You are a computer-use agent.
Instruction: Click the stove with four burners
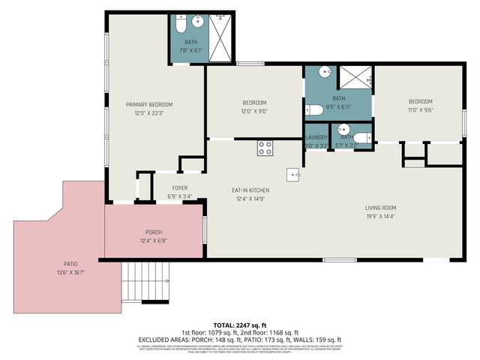point(265,148)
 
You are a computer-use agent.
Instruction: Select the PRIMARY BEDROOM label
point(149,104)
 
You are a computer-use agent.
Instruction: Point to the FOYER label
point(180,187)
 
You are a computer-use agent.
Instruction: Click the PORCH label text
point(154,232)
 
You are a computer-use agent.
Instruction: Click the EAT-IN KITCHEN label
point(250,190)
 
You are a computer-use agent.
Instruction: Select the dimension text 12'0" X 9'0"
point(255,111)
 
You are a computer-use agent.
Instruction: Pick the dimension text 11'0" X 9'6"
point(420,110)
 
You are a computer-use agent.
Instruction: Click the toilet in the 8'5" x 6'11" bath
point(314,110)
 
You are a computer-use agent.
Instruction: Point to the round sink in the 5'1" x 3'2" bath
point(343,128)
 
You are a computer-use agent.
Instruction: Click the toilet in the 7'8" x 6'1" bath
point(180,25)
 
